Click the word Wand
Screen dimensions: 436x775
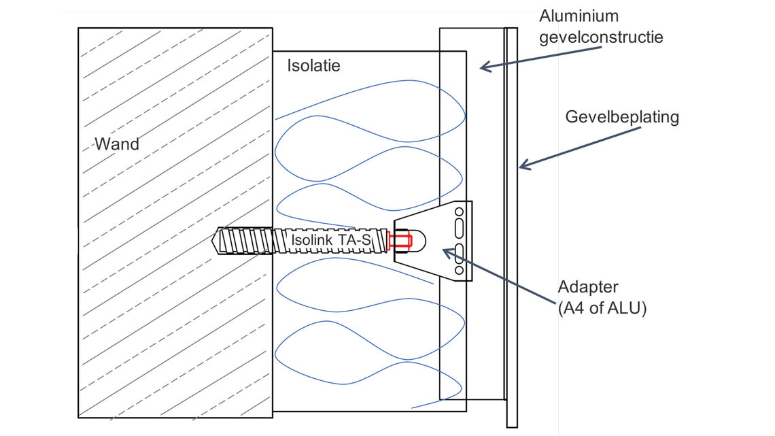point(116,144)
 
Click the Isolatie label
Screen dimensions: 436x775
point(313,66)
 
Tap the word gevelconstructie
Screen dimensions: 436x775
point(601,36)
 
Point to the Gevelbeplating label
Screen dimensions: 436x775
point(622,117)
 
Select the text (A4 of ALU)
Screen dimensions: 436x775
point(602,307)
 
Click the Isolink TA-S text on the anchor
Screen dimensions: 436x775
point(331,239)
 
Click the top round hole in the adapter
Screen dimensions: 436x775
point(459,212)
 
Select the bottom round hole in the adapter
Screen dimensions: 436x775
point(459,271)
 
